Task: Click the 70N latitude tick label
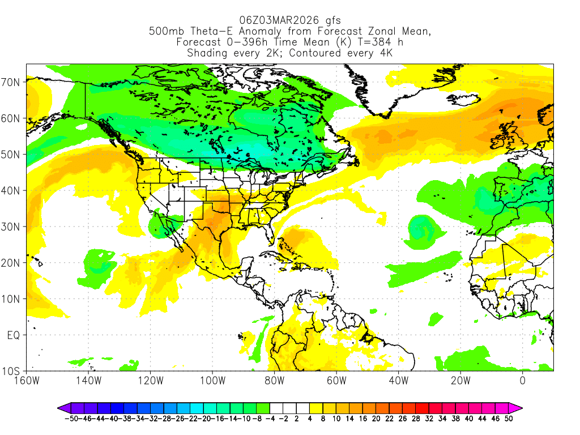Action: point(12,82)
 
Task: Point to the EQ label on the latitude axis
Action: point(14,335)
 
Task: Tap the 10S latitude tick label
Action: point(12,372)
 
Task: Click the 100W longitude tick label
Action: point(212,381)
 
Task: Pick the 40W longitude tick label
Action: point(398,381)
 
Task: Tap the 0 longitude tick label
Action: point(522,381)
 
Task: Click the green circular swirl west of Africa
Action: point(421,229)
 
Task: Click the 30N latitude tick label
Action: point(12,227)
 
